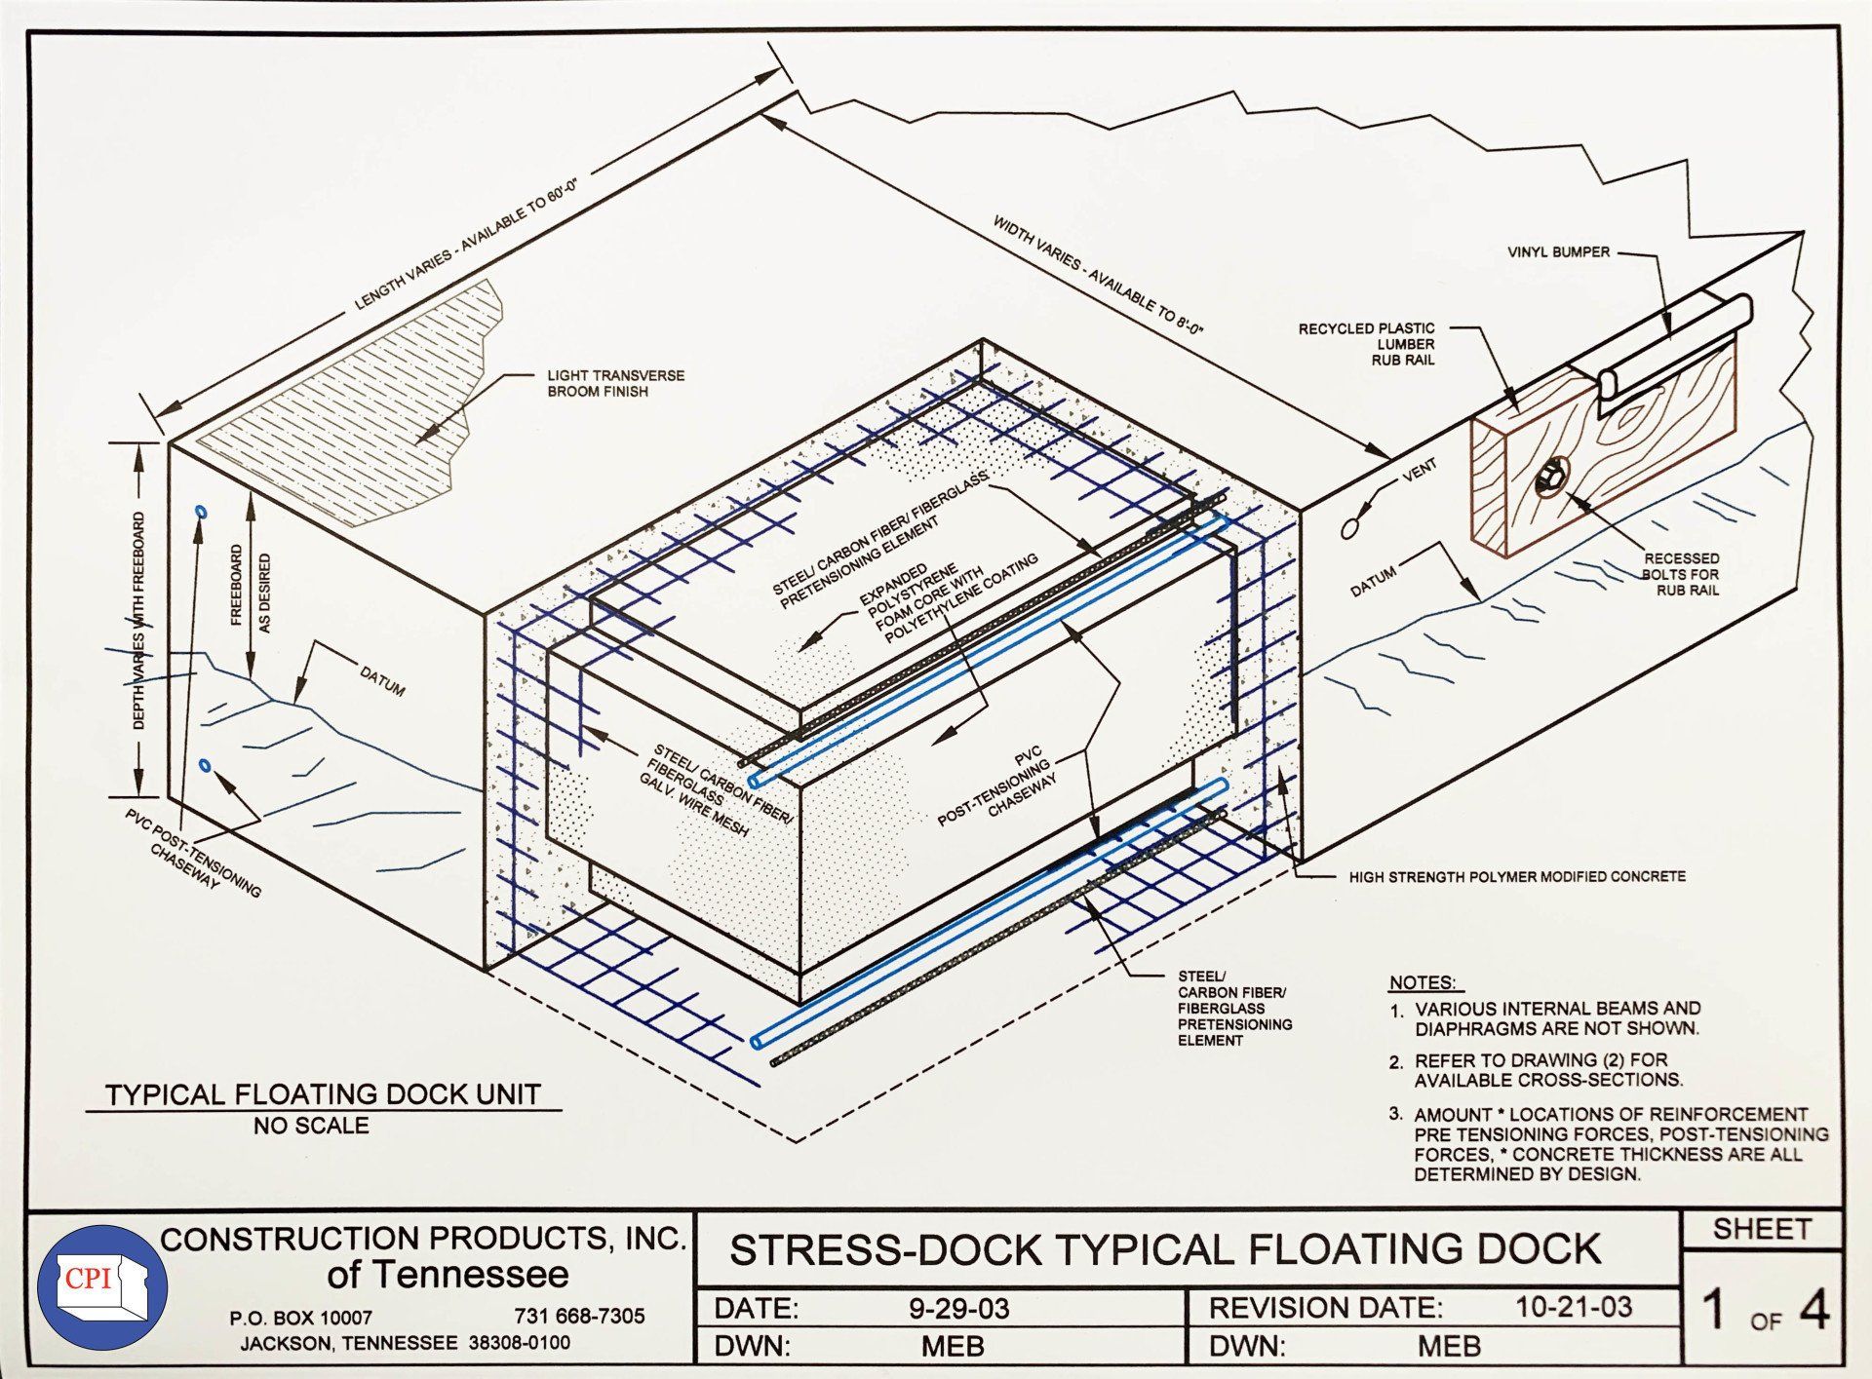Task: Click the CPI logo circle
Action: (x=102, y=1286)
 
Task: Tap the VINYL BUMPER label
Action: (x=1558, y=252)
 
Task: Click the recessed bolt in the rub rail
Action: (x=1548, y=479)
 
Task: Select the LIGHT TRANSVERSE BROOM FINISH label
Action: (x=615, y=383)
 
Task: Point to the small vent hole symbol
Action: (x=1349, y=528)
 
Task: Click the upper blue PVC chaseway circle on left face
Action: (x=201, y=511)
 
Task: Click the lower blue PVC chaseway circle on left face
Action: (x=204, y=765)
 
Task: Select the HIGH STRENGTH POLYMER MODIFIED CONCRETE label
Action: (x=1516, y=877)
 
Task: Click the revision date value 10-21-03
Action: (x=1573, y=1307)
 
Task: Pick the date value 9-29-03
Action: (x=958, y=1308)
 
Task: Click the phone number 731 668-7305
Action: (x=579, y=1316)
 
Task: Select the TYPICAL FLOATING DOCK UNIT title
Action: (x=323, y=1094)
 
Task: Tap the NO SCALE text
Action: (x=311, y=1126)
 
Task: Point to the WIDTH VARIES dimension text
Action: (x=1099, y=276)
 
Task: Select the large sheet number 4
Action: (x=1813, y=1311)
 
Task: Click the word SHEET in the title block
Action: (x=1761, y=1230)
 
